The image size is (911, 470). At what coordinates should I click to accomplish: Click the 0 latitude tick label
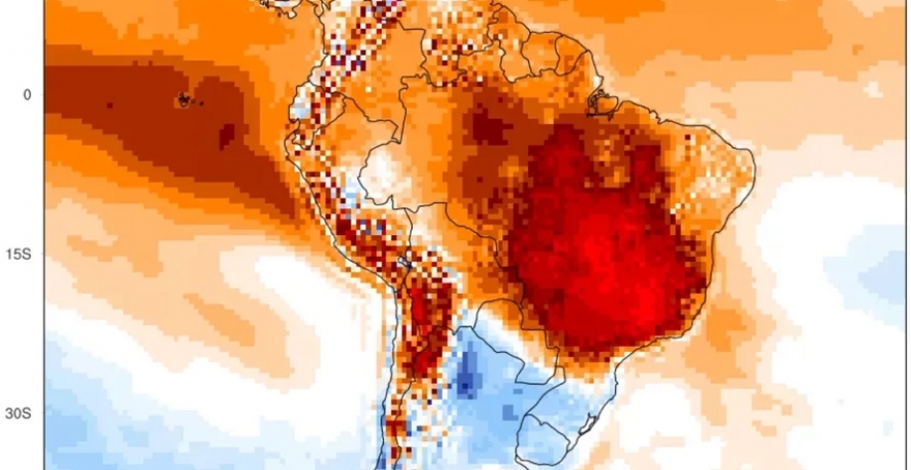coord(27,94)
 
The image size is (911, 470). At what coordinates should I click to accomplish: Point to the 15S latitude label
coord(23,255)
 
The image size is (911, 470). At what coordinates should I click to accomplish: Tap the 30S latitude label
coord(23,414)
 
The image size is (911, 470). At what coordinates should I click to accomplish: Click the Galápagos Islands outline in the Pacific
coord(184,99)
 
